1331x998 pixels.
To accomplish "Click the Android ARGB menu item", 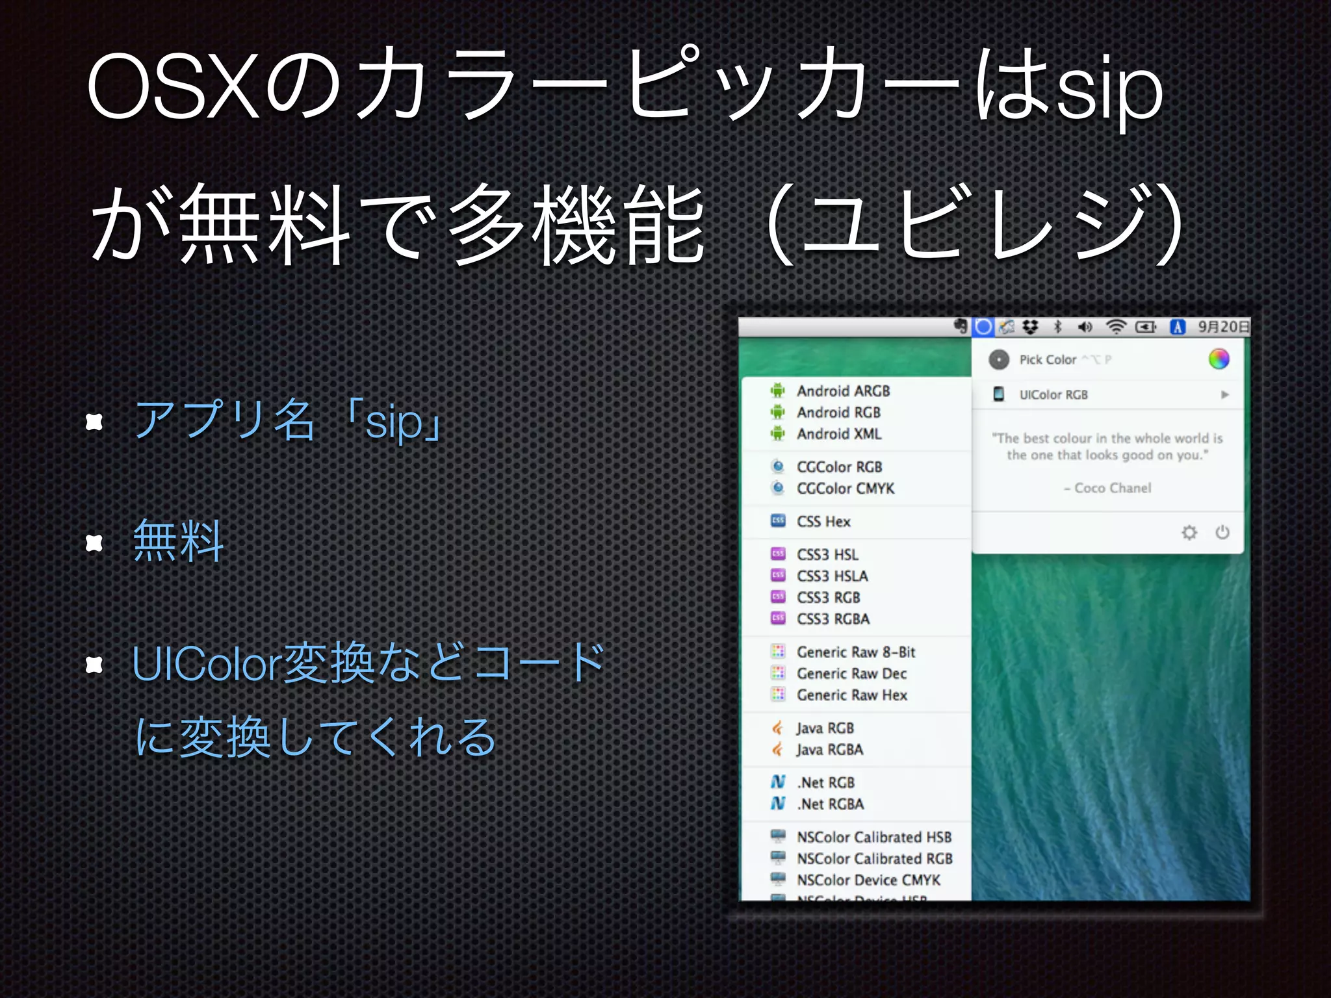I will pyautogui.click(x=843, y=390).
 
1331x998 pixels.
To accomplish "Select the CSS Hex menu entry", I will pyautogui.click(x=823, y=521).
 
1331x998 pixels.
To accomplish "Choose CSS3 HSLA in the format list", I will pyautogui.click(x=832, y=576).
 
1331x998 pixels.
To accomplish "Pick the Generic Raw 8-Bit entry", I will pyautogui.click(x=856, y=652).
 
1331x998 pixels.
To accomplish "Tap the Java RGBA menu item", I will pyautogui.click(x=830, y=749).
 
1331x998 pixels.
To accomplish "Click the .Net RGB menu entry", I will pyautogui.click(x=825, y=782).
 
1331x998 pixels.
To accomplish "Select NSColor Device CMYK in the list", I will pyautogui.click(x=868, y=880).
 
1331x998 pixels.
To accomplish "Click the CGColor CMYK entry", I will pyautogui.click(x=846, y=488).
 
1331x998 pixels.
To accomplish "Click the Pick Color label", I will pyautogui.click(x=1048, y=359).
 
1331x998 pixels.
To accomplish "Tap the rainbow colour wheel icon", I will pyautogui.click(x=1219, y=359).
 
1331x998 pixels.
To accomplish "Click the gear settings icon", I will pyautogui.click(x=1189, y=533).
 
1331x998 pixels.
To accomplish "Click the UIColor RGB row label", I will pyautogui.click(x=1053, y=394).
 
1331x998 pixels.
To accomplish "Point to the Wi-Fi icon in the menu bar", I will pyautogui.click(x=1115, y=327).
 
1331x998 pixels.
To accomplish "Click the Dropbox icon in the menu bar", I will pyautogui.click(x=1030, y=327).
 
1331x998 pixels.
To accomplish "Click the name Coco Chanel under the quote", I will pyautogui.click(x=1112, y=488).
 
